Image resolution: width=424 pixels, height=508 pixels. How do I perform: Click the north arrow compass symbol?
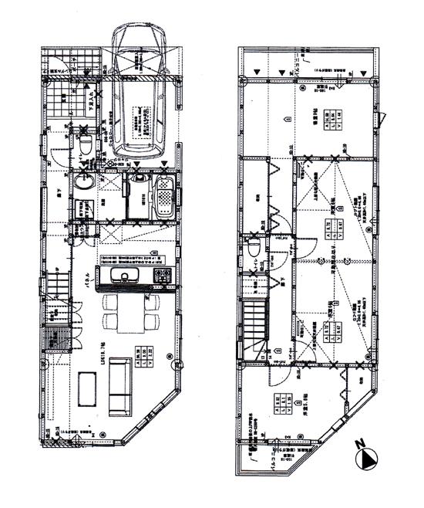pyautogui.click(x=368, y=459)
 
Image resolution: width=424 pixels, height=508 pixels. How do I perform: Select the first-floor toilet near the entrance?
pyautogui.click(x=86, y=144)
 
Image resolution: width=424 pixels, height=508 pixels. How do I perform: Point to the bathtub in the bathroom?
pyautogui.click(x=165, y=197)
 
